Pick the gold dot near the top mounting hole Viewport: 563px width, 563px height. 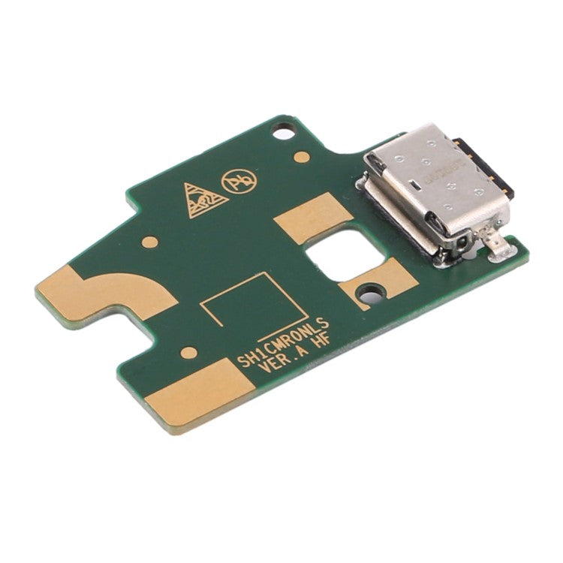pos(302,157)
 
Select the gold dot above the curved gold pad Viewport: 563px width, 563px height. pos(150,242)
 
